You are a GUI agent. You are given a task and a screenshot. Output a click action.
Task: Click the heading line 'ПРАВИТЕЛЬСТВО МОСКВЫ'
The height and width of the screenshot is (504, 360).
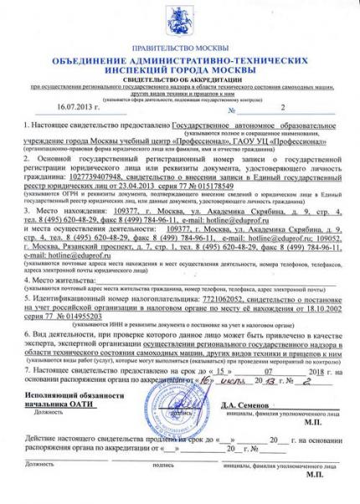(x=179, y=49)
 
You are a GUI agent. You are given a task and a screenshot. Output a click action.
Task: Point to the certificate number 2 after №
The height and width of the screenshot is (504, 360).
(x=283, y=108)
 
